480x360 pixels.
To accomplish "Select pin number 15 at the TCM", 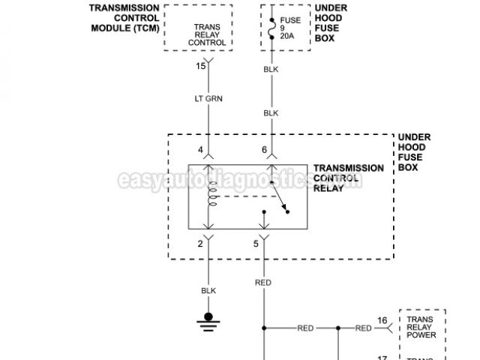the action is [201, 67].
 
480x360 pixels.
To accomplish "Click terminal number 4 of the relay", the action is [201, 150].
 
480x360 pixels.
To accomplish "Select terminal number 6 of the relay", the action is [264, 150].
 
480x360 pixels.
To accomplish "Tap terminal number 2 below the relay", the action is [201, 244].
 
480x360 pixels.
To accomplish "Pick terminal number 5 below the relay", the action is [256, 244].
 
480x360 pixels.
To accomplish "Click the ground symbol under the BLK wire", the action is [208, 321].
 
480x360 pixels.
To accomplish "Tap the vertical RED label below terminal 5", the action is [263, 283].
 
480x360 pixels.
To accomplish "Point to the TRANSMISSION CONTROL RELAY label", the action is [348, 178].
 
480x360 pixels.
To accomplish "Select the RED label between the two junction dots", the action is [305, 328].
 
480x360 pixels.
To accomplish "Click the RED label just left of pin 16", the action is [363, 328].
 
